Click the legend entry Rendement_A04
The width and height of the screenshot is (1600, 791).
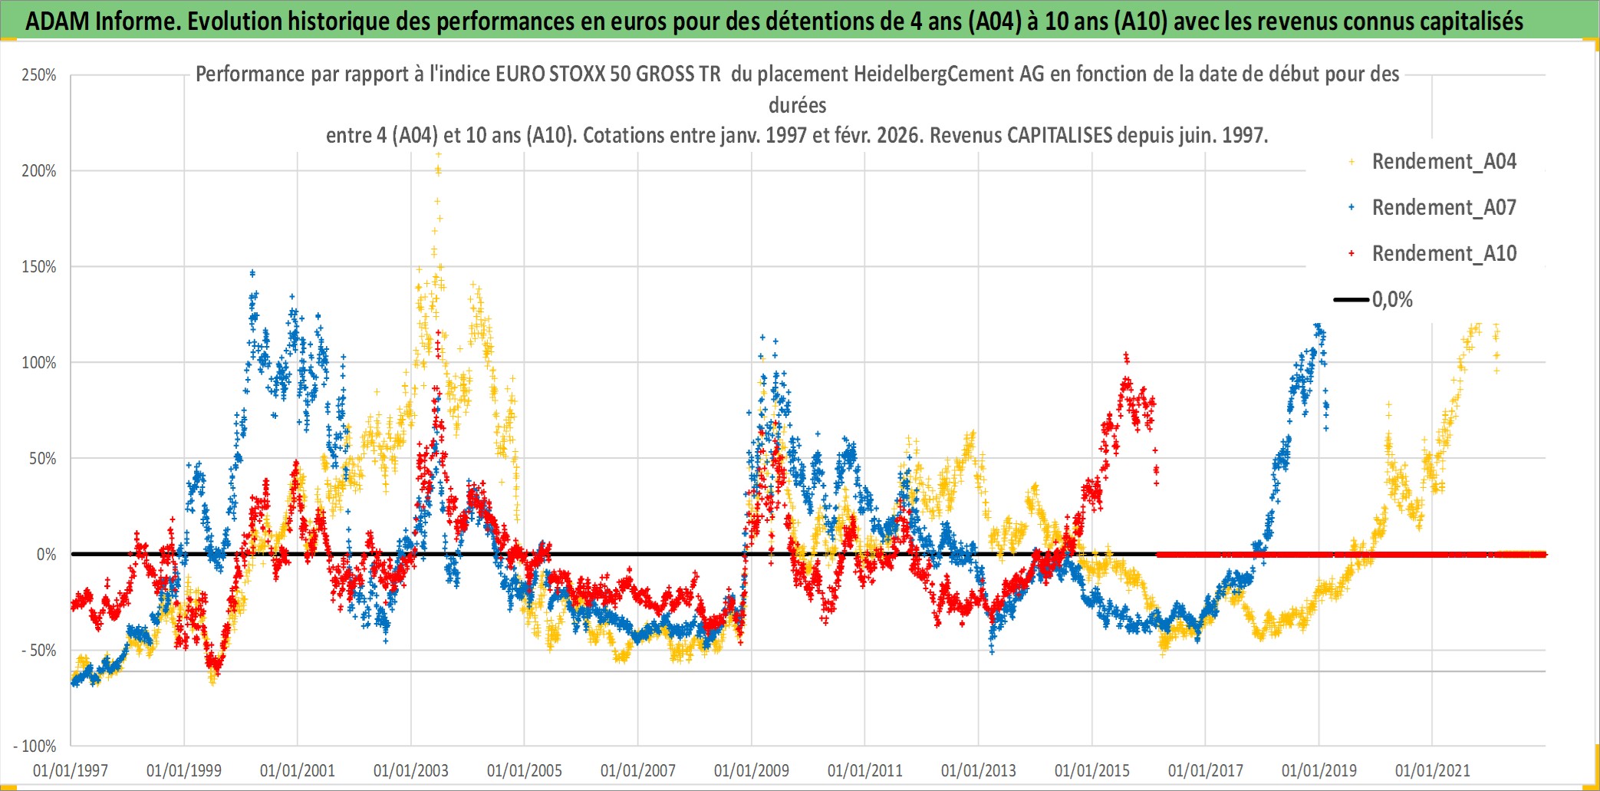tap(1443, 162)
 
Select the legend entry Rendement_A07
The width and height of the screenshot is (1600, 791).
tap(1443, 208)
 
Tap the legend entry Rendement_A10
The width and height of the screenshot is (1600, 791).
tap(1443, 254)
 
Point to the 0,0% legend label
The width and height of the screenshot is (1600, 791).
tap(1392, 300)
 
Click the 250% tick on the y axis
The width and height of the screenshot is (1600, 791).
tap(39, 75)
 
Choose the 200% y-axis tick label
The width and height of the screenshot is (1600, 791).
tap(39, 171)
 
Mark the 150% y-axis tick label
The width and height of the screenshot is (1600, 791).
tap(39, 267)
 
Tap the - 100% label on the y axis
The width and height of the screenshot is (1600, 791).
tap(35, 746)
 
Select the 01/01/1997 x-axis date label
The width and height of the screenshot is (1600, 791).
tap(71, 770)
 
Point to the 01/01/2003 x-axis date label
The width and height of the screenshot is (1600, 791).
tap(411, 770)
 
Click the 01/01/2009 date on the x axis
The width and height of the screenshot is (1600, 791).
tap(752, 770)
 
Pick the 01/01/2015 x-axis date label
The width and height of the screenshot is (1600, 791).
tap(1092, 770)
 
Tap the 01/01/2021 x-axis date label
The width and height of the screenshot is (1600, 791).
tap(1433, 770)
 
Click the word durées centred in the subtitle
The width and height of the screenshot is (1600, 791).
tap(798, 105)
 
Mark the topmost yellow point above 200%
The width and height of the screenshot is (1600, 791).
tap(439, 155)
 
